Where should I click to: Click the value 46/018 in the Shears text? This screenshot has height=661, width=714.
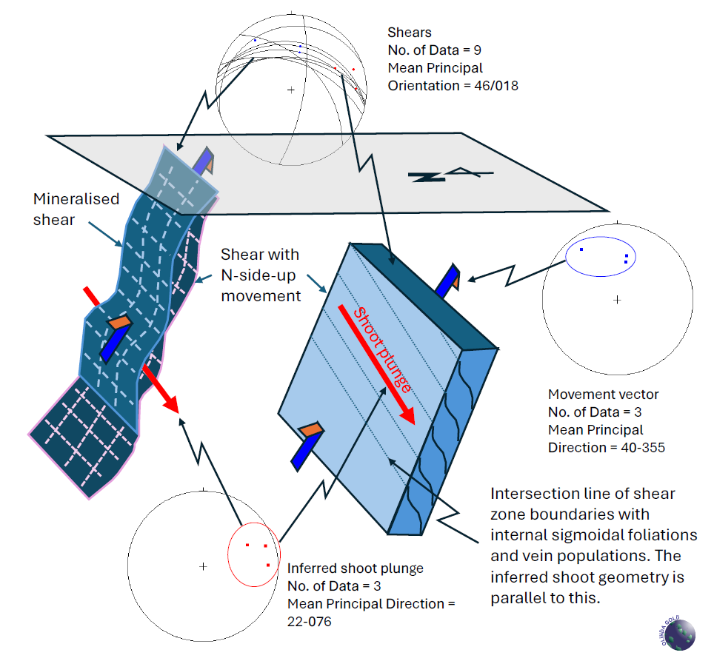tap(496, 86)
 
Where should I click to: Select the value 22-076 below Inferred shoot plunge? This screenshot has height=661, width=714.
tap(309, 622)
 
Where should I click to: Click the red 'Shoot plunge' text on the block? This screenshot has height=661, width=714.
tap(382, 350)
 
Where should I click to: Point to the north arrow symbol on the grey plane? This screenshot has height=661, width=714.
tap(450, 175)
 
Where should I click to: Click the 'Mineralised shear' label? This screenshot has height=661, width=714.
tap(76, 209)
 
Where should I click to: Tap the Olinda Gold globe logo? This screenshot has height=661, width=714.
tap(678, 633)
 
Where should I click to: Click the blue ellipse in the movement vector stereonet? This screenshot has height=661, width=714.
tap(566, 257)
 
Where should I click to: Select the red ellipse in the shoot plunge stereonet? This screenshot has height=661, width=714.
tap(228, 554)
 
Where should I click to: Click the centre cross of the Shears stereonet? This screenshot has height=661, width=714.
tap(291, 90)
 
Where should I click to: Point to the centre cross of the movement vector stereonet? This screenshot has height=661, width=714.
tap(617, 300)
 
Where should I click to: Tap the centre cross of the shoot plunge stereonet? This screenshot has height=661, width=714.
tap(203, 566)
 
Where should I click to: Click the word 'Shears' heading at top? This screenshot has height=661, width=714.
tap(410, 33)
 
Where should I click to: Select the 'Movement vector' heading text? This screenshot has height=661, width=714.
tap(604, 395)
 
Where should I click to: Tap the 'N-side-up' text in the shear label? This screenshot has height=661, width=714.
tap(258, 275)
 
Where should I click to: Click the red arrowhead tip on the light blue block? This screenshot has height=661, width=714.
tap(414, 424)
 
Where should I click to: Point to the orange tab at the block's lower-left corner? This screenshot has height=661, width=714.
tap(310, 429)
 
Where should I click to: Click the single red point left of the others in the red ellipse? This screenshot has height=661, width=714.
tap(247, 545)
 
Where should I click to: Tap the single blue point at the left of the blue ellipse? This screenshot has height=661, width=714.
tap(581, 249)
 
